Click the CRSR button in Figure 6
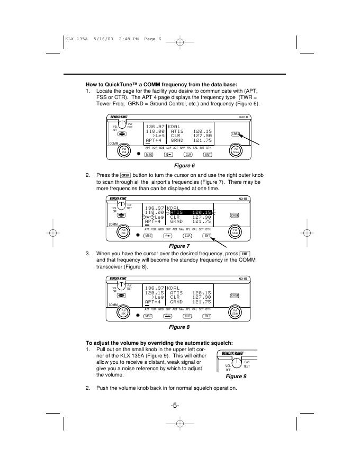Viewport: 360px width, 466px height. [235, 134]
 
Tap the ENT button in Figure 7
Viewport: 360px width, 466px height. [208, 235]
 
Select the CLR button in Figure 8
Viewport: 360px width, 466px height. [187, 316]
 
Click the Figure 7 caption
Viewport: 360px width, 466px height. [180, 246]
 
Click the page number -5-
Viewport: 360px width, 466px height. [175, 406]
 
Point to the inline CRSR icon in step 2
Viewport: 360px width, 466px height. [125, 175]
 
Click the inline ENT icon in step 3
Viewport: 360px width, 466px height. [244, 254]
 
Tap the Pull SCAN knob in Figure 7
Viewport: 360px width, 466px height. [235, 231]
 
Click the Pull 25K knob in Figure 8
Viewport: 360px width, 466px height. [123, 312]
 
